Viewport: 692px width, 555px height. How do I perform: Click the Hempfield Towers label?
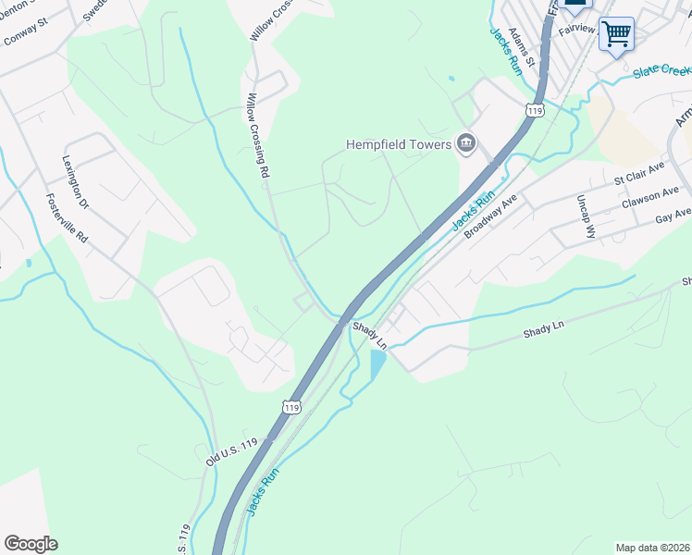(398, 143)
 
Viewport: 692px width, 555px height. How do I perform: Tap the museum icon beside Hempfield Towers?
(466, 142)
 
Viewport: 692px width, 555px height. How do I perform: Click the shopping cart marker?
(616, 34)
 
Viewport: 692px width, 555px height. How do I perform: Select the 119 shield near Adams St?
(533, 111)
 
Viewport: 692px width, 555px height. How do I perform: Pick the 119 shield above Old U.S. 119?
(293, 407)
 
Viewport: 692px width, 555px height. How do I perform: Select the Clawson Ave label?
(654, 197)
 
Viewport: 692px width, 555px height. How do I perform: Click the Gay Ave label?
(673, 216)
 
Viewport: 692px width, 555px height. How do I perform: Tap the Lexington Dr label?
(75, 181)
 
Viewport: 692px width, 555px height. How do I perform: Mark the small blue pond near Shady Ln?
(377, 364)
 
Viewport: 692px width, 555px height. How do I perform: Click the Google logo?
(31, 544)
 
